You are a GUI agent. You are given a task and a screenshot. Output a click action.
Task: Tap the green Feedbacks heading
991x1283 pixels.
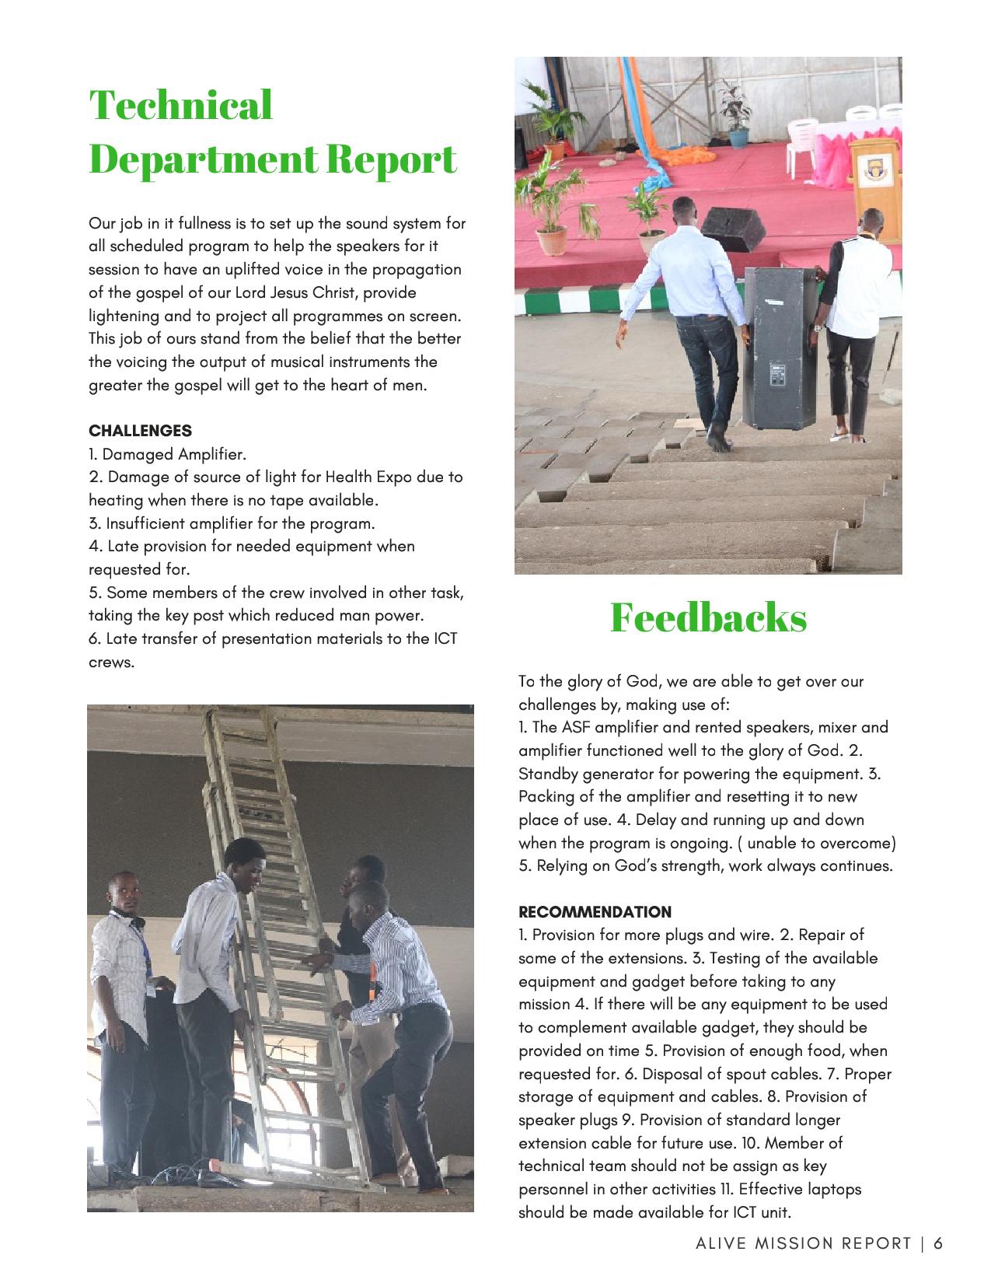[x=708, y=617]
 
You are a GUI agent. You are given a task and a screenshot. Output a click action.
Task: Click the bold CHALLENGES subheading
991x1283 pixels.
[x=140, y=430]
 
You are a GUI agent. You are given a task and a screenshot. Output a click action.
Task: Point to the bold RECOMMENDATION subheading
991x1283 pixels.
[x=595, y=911]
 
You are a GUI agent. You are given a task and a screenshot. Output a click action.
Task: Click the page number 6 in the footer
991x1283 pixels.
[x=938, y=1243]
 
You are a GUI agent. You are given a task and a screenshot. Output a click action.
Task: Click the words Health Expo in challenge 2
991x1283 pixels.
[x=366, y=477]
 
